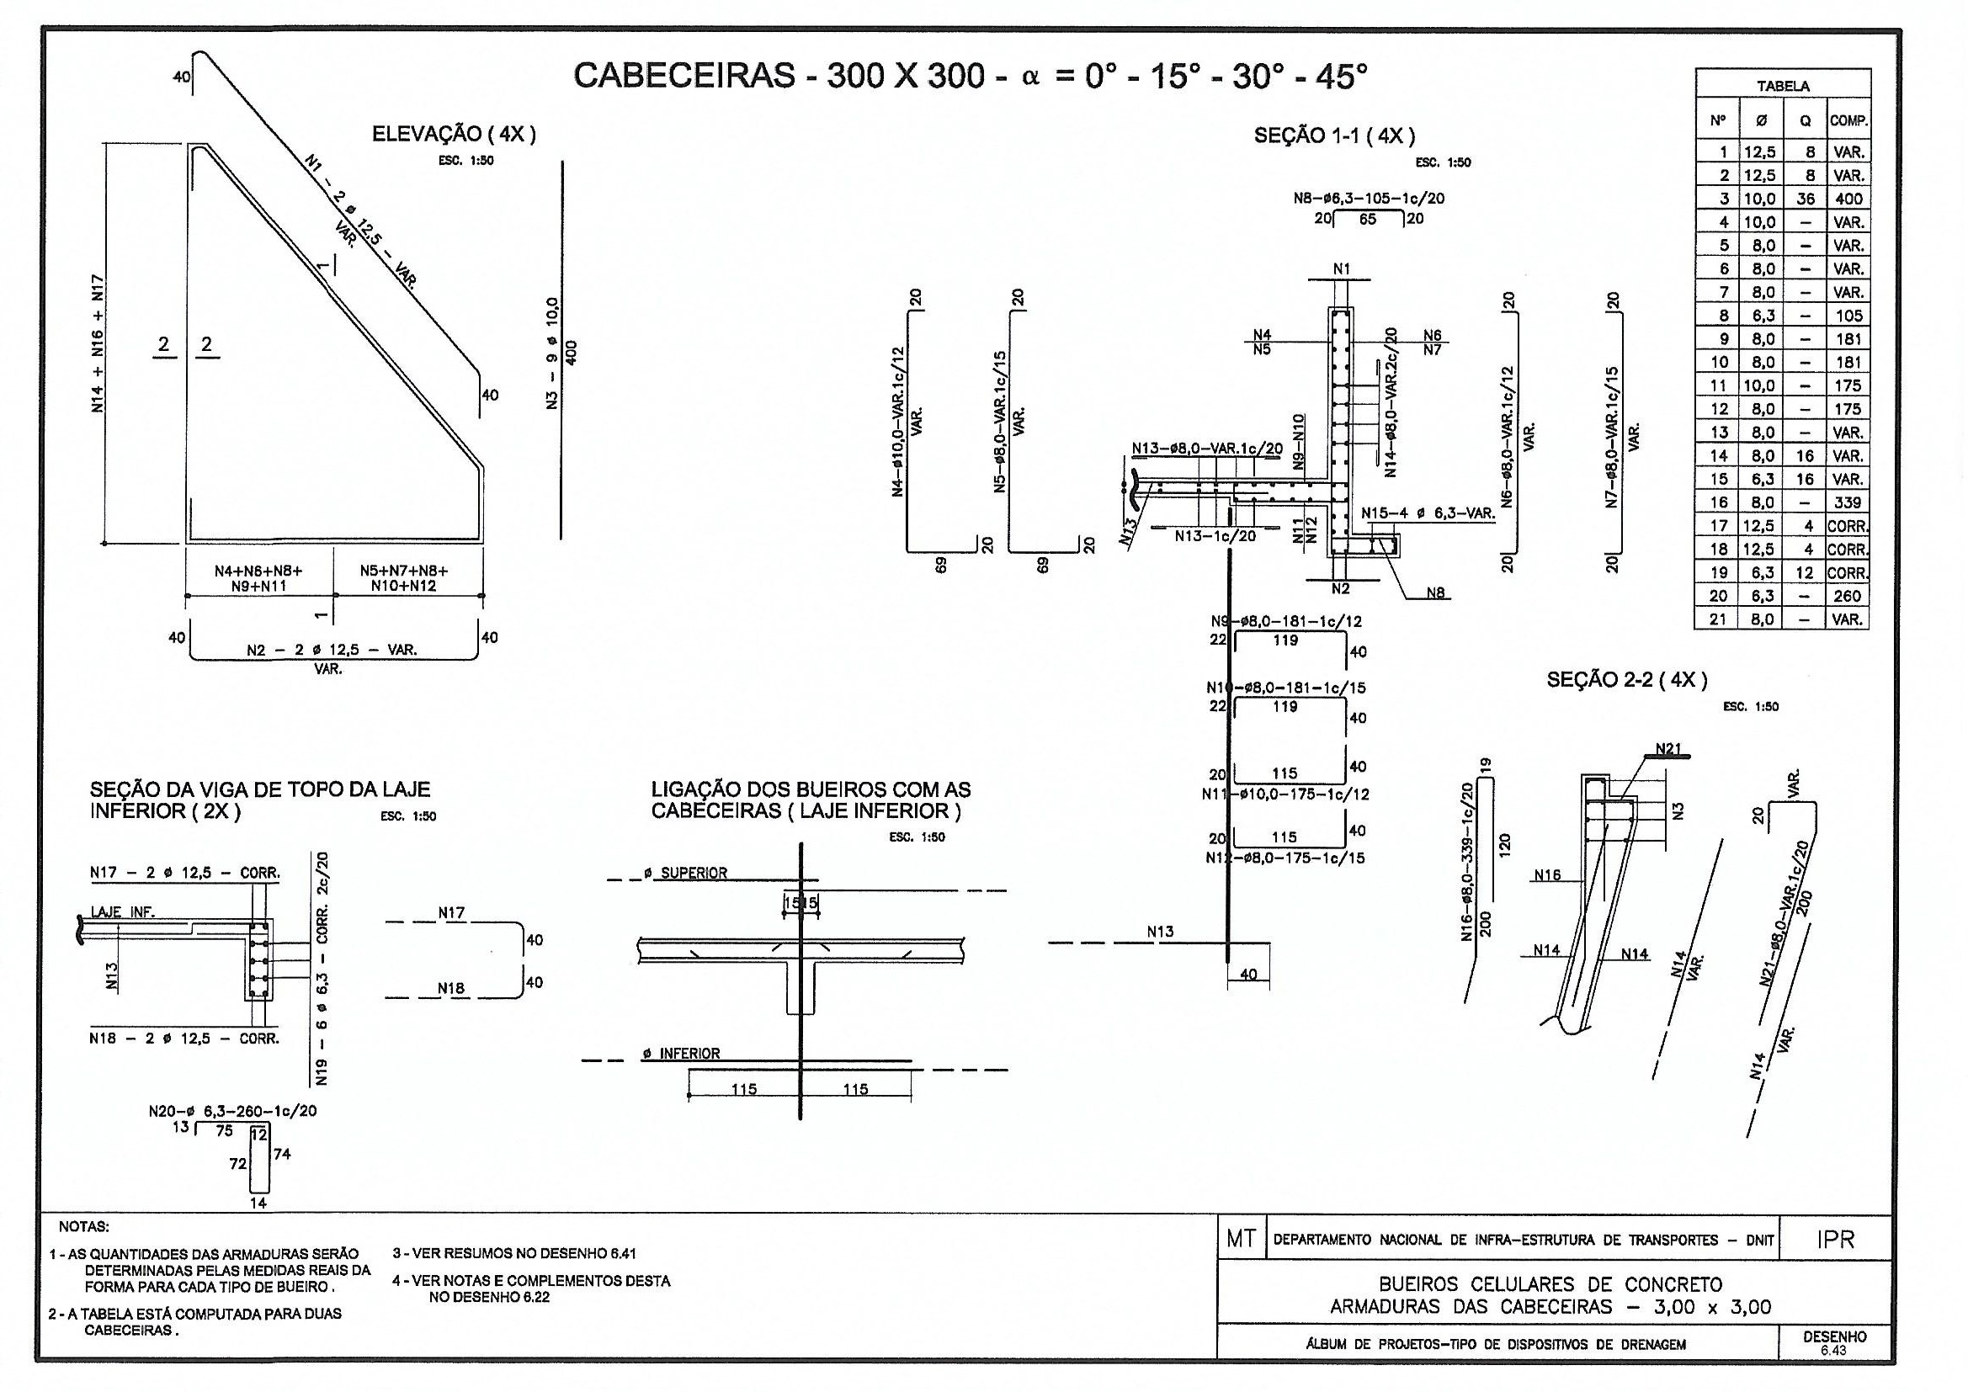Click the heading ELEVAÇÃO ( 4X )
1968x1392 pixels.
[454, 135]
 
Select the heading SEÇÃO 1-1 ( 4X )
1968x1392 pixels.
[1334, 136]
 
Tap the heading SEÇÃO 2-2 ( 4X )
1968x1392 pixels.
[1627, 681]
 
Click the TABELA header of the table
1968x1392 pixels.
[1783, 86]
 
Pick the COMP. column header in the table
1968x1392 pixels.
[1848, 121]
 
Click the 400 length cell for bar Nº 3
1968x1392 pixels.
[1848, 199]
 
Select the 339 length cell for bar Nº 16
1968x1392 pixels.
[1848, 502]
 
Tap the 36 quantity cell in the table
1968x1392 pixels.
[1806, 199]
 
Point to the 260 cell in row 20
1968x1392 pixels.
[1848, 596]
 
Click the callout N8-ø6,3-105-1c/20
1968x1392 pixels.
[1369, 199]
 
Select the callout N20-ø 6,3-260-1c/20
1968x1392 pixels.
[232, 1111]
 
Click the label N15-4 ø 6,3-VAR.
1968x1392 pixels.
[1428, 513]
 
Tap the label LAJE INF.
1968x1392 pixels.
[123, 913]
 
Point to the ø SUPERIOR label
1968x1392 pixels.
[686, 874]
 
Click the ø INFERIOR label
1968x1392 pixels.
[683, 1054]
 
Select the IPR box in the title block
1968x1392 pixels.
[1835, 1241]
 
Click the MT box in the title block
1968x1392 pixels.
[1241, 1240]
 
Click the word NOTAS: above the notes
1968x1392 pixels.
[84, 1226]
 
